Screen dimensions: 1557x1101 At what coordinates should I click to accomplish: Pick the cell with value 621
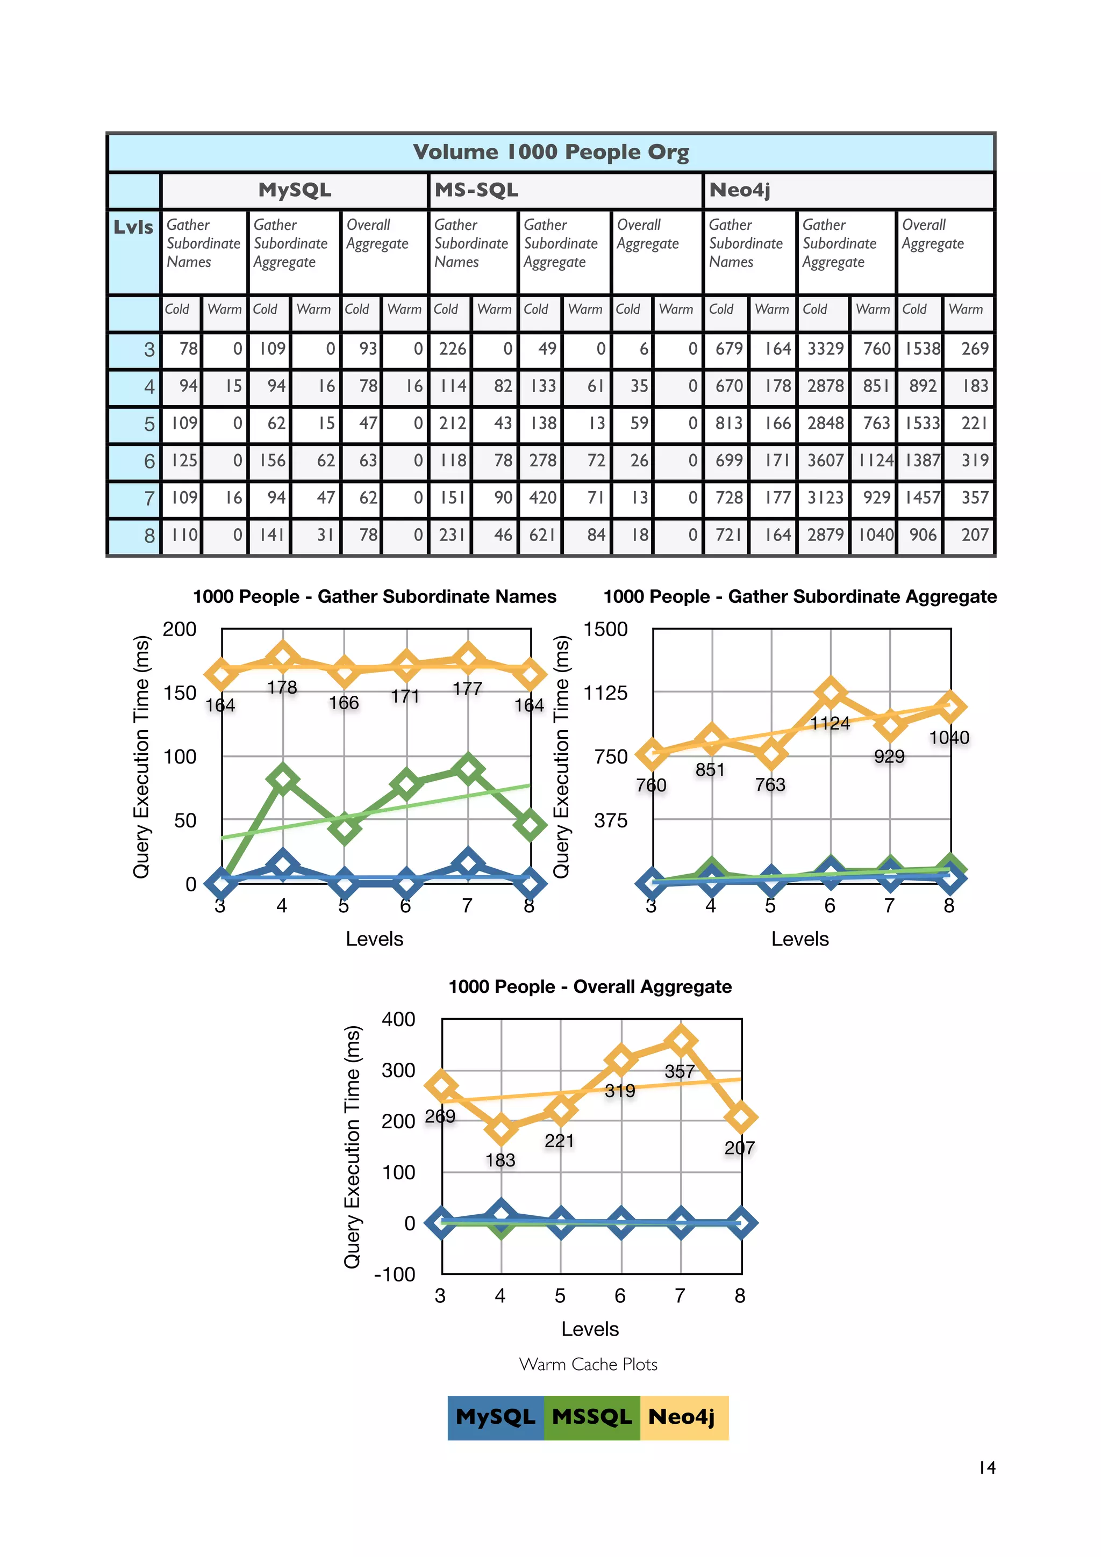pyautogui.click(x=542, y=535)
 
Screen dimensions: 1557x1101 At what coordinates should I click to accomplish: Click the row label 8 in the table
pyautogui.click(x=149, y=536)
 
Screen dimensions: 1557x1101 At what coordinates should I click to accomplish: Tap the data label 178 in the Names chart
pyautogui.click(x=282, y=688)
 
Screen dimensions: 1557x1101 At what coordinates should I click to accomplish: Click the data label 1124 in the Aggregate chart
pyautogui.click(x=830, y=724)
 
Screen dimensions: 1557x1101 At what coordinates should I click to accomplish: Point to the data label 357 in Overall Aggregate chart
pyautogui.click(x=679, y=1071)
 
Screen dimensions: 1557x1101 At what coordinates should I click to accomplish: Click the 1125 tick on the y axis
pyautogui.click(x=605, y=693)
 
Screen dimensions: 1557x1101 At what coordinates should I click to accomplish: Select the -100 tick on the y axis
pyautogui.click(x=394, y=1274)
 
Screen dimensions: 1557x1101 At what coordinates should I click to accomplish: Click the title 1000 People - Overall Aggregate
pyautogui.click(x=590, y=986)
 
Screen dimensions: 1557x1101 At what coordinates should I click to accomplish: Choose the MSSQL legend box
pyautogui.click(x=591, y=1417)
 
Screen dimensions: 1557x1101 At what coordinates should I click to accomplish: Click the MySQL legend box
pyautogui.click(x=495, y=1417)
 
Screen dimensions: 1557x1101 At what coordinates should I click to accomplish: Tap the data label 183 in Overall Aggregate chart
pyautogui.click(x=500, y=1160)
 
